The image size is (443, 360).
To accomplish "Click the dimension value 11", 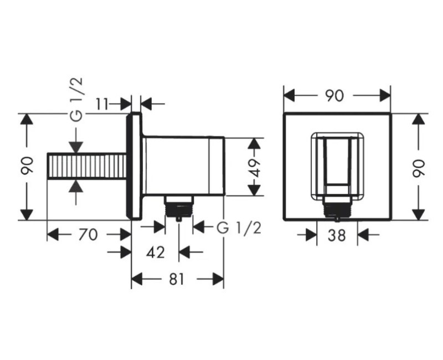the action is click(x=102, y=104).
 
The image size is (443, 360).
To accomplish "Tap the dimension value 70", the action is click(x=88, y=235).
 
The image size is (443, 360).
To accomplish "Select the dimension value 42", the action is click(x=156, y=252).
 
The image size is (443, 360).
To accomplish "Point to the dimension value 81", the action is click(x=177, y=279).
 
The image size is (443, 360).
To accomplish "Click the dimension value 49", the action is click(x=255, y=167).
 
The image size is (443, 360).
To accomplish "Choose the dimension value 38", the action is click(x=337, y=235).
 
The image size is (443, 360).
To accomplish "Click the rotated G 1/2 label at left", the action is click(x=76, y=99).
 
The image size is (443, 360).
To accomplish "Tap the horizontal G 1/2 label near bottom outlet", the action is click(x=239, y=228).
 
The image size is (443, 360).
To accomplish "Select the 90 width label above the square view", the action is click(x=334, y=95).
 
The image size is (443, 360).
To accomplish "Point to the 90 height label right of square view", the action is click(x=419, y=169).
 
